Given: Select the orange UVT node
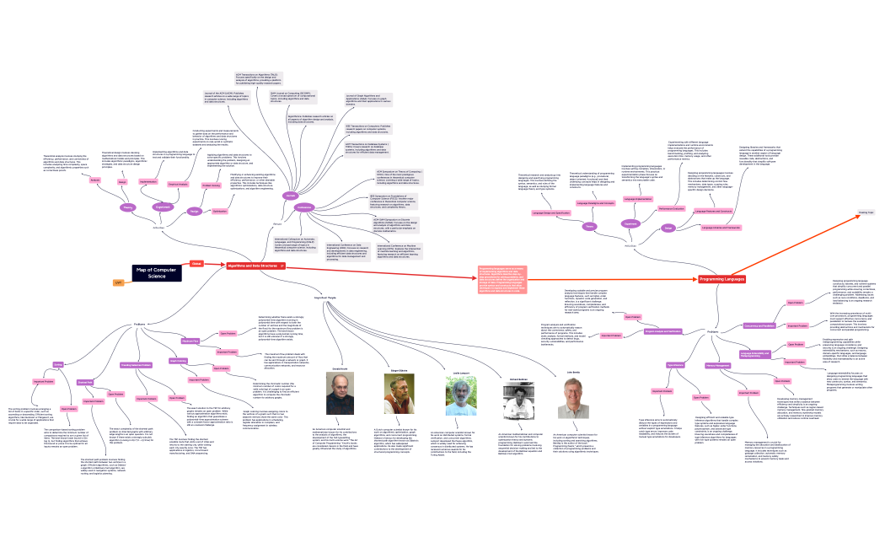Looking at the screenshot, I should [119, 281].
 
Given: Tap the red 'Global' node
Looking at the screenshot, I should [196, 263].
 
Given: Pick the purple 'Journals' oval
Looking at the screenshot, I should [291, 196].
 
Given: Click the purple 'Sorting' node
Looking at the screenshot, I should [59, 364].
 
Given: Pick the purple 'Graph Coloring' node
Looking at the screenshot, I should [178, 361].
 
